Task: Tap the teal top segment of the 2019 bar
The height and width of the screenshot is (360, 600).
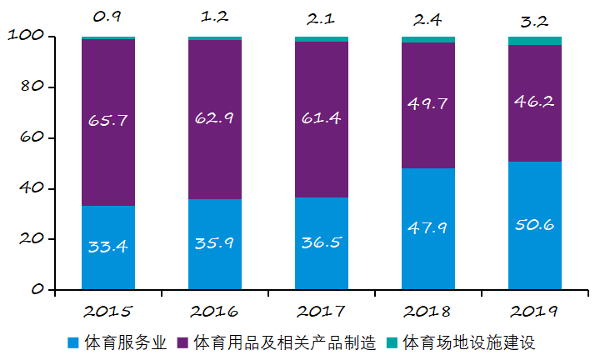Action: point(535,41)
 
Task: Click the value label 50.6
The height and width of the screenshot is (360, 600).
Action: point(535,226)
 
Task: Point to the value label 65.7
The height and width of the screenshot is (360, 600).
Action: point(108,120)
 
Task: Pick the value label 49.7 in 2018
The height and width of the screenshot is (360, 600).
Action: point(428,103)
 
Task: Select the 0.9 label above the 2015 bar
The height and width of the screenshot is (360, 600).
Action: point(108,17)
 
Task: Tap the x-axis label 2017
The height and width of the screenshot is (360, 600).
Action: point(321,312)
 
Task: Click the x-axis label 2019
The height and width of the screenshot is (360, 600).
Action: point(534,312)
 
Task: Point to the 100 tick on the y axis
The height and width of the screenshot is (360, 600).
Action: point(24,37)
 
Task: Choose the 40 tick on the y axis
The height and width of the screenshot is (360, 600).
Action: point(29,189)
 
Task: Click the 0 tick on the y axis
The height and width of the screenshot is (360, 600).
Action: point(37,290)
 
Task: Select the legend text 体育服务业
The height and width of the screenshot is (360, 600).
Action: point(124,342)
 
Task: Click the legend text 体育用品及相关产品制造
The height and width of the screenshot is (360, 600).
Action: point(285,342)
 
